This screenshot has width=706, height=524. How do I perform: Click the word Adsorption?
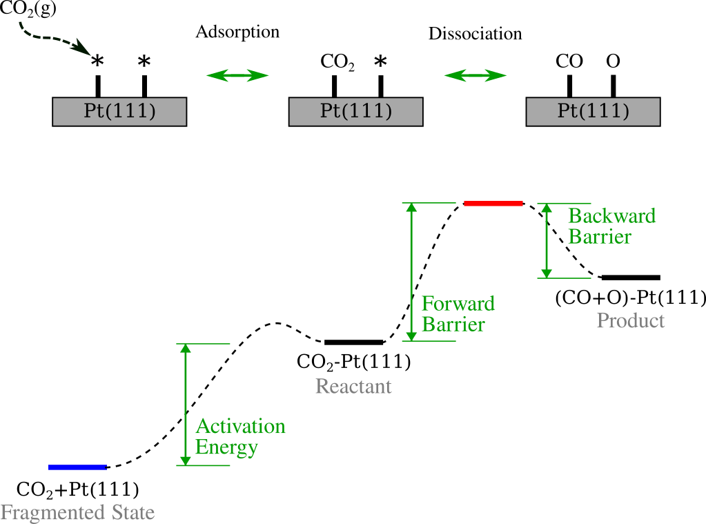(x=237, y=32)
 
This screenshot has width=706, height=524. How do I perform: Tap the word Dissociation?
(x=475, y=34)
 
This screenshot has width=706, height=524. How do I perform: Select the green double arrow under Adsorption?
(x=237, y=75)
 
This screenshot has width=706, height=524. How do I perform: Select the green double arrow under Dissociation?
(x=475, y=75)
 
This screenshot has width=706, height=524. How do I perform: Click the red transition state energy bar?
(x=493, y=203)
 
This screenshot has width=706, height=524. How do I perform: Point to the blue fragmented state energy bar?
(x=77, y=467)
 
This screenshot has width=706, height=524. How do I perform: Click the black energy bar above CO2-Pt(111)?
(x=354, y=342)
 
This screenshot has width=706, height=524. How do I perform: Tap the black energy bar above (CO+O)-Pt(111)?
(x=630, y=278)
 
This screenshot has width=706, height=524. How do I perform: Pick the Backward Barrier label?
(x=611, y=226)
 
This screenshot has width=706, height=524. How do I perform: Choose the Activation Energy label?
(x=239, y=436)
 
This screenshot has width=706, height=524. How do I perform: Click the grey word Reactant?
(x=353, y=386)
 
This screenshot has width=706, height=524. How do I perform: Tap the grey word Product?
(x=631, y=321)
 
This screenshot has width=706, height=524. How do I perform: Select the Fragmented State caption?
(x=77, y=513)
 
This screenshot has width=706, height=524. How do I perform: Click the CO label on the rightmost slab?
(x=569, y=61)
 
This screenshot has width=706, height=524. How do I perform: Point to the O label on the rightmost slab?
(x=613, y=61)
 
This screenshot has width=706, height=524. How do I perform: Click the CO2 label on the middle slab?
(x=337, y=62)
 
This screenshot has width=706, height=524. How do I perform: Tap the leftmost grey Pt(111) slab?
(x=119, y=111)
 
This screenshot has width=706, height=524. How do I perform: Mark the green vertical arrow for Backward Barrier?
(x=547, y=240)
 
